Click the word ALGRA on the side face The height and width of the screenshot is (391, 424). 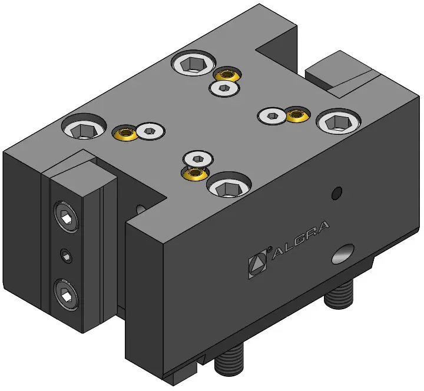pyautogui.click(x=300, y=240)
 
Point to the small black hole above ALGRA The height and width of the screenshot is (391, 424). pyautogui.click(x=337, y=193)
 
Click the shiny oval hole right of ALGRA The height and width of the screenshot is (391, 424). pyautogui.click(x=343, y=254)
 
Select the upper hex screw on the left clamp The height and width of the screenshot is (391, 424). pyautogui.click(x=67, y=217)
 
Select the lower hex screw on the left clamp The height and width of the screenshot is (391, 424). pyautogui.click(x=66, y=295)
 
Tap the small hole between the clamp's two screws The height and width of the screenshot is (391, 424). pyautogui.click(x=66, y=256)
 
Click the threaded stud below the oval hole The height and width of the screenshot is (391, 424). pyautogui.click(x=339, y=294)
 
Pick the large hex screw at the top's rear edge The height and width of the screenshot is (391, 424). pyautogui.click(x=194, y=64)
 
